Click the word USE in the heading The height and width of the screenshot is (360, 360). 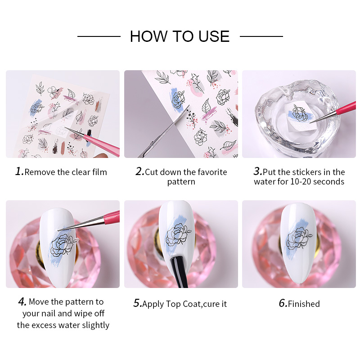[214, 36]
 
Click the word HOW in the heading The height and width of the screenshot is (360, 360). [149, 36]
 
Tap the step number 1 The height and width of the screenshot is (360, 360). [19, 171]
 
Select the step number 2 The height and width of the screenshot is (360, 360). [140, 171]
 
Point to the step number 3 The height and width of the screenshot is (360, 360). [258, 171]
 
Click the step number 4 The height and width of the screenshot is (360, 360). [22, 301]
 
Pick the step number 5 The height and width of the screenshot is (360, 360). [138, 303]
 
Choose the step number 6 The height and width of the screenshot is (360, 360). [283, 303]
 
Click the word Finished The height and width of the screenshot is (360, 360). [304, 304]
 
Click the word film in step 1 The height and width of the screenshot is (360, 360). [99, 172]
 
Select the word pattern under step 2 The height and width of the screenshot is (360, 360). [181, 182]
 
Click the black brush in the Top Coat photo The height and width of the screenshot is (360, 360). [179, 272]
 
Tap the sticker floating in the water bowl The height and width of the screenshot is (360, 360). [299, 117]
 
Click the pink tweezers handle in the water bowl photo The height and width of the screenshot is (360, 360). [346, 108]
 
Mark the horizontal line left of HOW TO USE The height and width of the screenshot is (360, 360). [99, 36]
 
